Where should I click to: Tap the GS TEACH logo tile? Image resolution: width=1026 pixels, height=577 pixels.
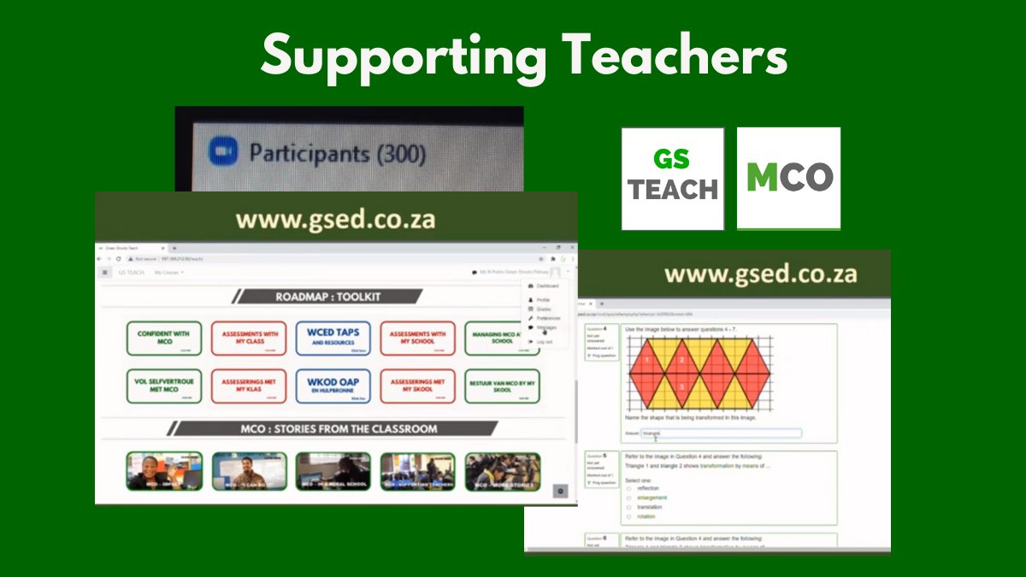[673, 179]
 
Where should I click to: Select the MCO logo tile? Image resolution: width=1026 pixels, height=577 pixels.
[788, 178]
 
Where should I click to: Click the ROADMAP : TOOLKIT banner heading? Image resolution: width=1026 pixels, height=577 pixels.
[328, 297]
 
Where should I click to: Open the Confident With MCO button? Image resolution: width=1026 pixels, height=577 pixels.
[163, 338]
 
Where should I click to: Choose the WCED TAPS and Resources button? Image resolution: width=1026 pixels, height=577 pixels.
[334, 338]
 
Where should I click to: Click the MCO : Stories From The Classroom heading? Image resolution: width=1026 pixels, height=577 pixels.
[339, 428]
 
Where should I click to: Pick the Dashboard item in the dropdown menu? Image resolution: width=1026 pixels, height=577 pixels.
[546, 286]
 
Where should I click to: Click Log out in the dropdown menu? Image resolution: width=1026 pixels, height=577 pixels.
[543, 341]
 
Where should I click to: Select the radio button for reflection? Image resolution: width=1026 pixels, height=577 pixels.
[629, 488]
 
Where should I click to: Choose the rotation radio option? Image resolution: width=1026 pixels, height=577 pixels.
[629, 516]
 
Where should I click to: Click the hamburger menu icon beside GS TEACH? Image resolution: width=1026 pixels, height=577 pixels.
[105, 272]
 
